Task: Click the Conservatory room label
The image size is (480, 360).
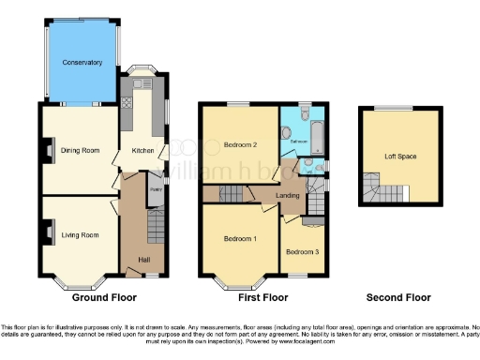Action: pyautogui.click(x=82, y=62)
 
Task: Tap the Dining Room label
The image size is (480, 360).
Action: pyautogui.click(x=81, y=150)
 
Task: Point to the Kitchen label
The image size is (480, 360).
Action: pyautogui.click(x=141, y=150)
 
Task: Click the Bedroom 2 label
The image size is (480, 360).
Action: pyautogui.click(x=241, y=144)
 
